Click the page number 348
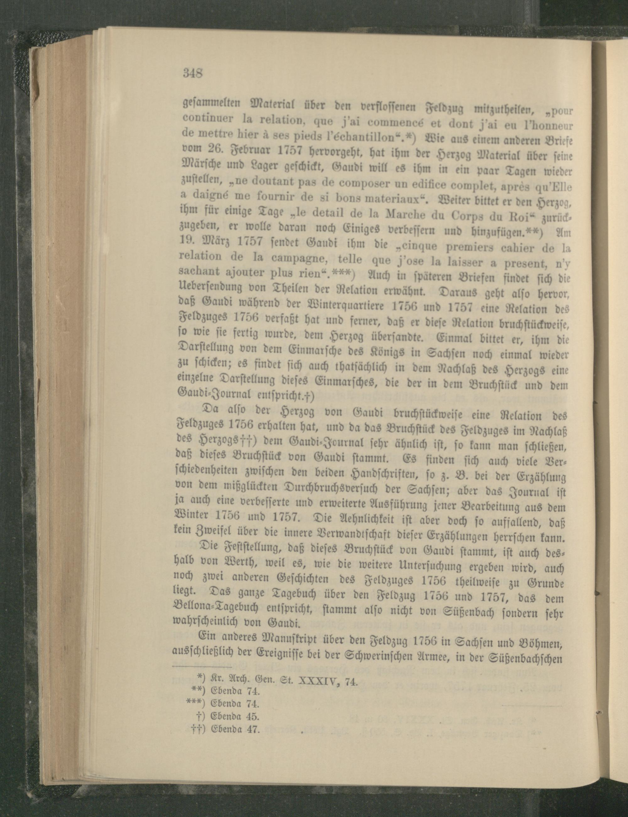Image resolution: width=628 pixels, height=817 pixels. click(192, 72)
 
